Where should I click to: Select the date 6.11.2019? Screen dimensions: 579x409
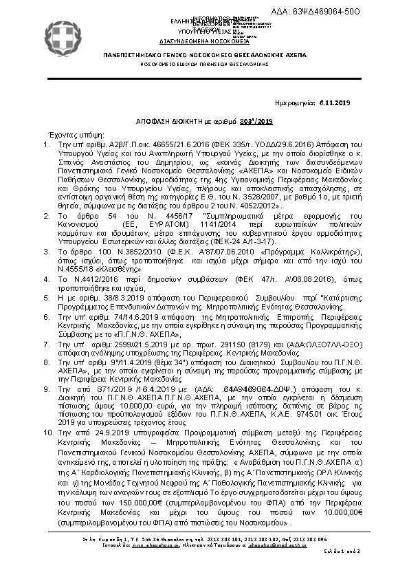335,102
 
